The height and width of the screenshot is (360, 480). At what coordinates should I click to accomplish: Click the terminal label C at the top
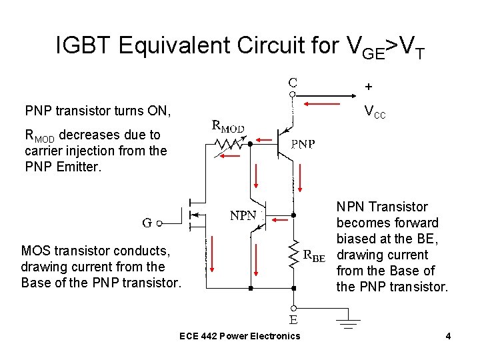click(x=293, y=83)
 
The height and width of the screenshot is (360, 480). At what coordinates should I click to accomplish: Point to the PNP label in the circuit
click(x=303, y=143)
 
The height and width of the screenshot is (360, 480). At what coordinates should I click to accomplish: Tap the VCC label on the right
click(x=375, y=113)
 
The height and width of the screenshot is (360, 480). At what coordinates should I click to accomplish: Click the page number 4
click(x=448, y=336)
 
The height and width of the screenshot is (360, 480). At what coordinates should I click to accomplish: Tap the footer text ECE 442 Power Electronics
click(x=240, y=336)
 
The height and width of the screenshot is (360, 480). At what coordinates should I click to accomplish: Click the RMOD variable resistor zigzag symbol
click(x=229, y=143)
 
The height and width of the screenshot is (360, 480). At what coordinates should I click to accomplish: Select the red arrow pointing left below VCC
click(x=327, y=103)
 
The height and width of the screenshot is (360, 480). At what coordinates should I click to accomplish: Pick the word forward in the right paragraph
click(x=415, y=223)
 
